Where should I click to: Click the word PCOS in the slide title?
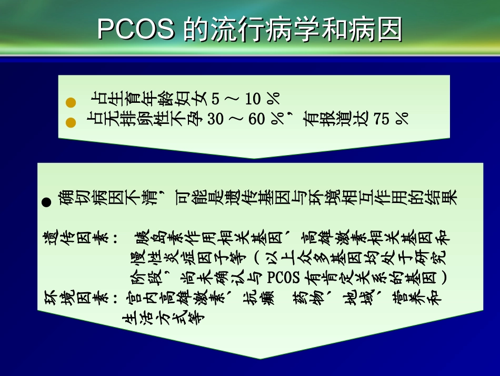[136, 30]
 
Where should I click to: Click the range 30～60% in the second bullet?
[246, 119]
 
